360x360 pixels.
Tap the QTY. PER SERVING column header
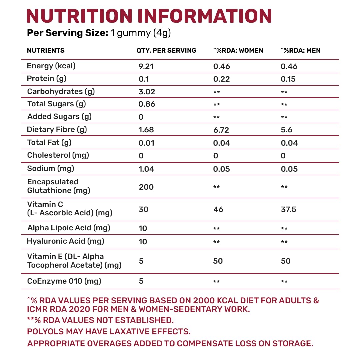[166, 51]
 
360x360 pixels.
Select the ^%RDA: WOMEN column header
[238, 51]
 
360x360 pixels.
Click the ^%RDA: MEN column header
[301, 51]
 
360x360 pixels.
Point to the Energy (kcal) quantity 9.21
[146, 66]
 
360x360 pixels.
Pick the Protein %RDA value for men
[288, 79]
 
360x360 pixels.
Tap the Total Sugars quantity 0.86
[147, 104]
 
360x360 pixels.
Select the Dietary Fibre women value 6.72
[222, 130]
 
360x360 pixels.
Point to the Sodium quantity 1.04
[146, 169]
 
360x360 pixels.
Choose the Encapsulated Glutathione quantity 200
[146, 187]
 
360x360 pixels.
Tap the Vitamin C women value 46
[218, 209]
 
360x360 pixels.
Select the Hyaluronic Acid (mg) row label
[66, 241]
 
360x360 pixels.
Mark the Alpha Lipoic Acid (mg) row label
[69, 228]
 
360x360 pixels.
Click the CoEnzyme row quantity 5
[141, 281]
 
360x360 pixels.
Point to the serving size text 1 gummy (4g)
[140, 33]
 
